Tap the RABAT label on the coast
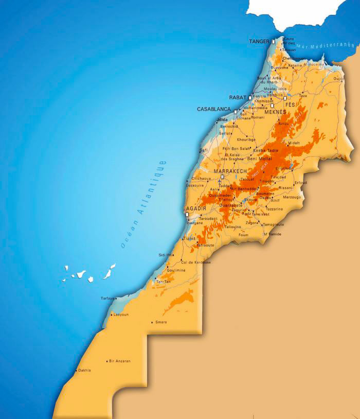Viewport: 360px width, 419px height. point(238,97)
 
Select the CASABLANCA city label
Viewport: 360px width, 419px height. point(214,109)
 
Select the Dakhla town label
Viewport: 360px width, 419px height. point(84,370)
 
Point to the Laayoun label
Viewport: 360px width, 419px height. point(121,314)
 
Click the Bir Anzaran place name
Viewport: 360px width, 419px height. point(120,361)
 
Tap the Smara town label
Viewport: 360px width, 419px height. point(161,322)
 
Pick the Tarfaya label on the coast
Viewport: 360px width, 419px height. point(107,298)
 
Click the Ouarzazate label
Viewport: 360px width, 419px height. point(230,205)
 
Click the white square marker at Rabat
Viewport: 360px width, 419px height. point(250,97)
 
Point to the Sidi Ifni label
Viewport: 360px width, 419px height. point(166,255)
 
